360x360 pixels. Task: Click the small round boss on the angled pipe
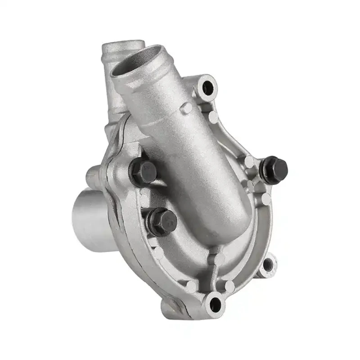(185, 108)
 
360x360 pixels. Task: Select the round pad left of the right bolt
(249, 162)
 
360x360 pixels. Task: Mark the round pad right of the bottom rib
(229, 287)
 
